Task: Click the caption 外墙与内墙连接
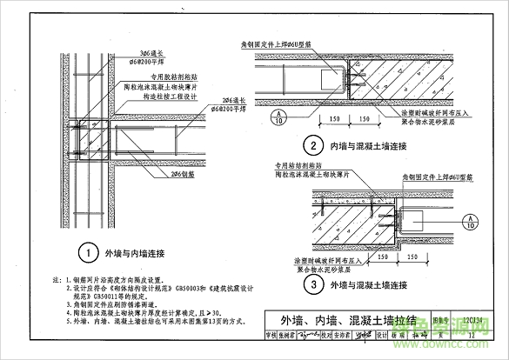tap(136, 255)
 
